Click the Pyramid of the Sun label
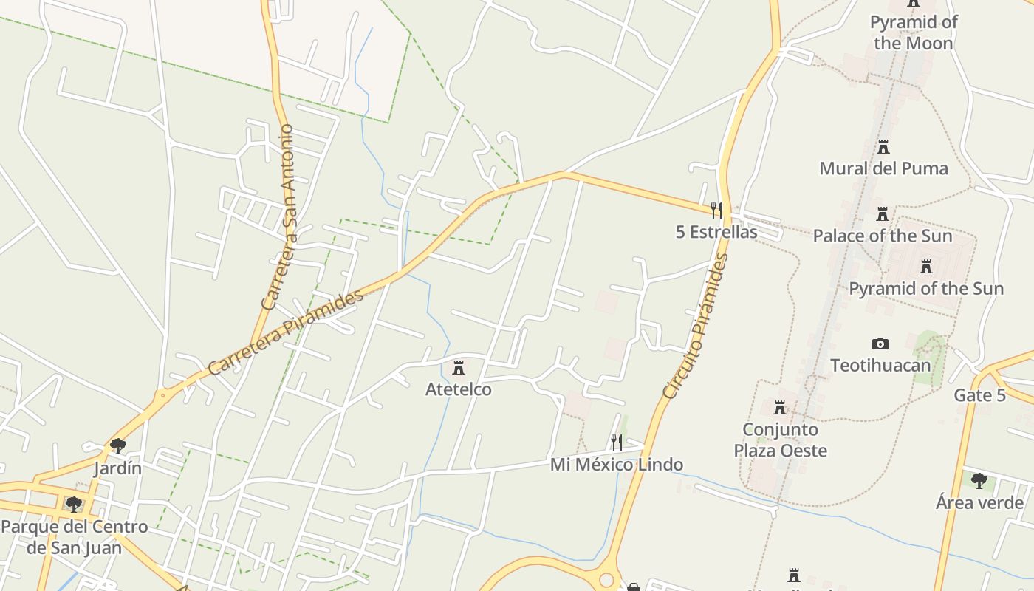(926, 288)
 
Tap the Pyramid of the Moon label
(914, 33)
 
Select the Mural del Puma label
(883, 168)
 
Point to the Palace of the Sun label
(883, 236)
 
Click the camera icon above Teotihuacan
(880, 344)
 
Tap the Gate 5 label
(979, 395)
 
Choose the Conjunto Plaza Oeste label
(780, 440)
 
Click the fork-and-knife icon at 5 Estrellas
(716, 211)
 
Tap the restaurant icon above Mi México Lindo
(616, 443)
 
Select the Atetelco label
(458, 389)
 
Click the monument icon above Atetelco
(459, 367)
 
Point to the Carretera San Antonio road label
(278, 218)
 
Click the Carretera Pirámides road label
(286, 332)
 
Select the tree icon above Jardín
(117, 446)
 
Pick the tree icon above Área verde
(979, 481)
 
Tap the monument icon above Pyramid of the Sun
(926, 267)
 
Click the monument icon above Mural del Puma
(883, 147)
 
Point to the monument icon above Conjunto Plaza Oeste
(780, 408)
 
